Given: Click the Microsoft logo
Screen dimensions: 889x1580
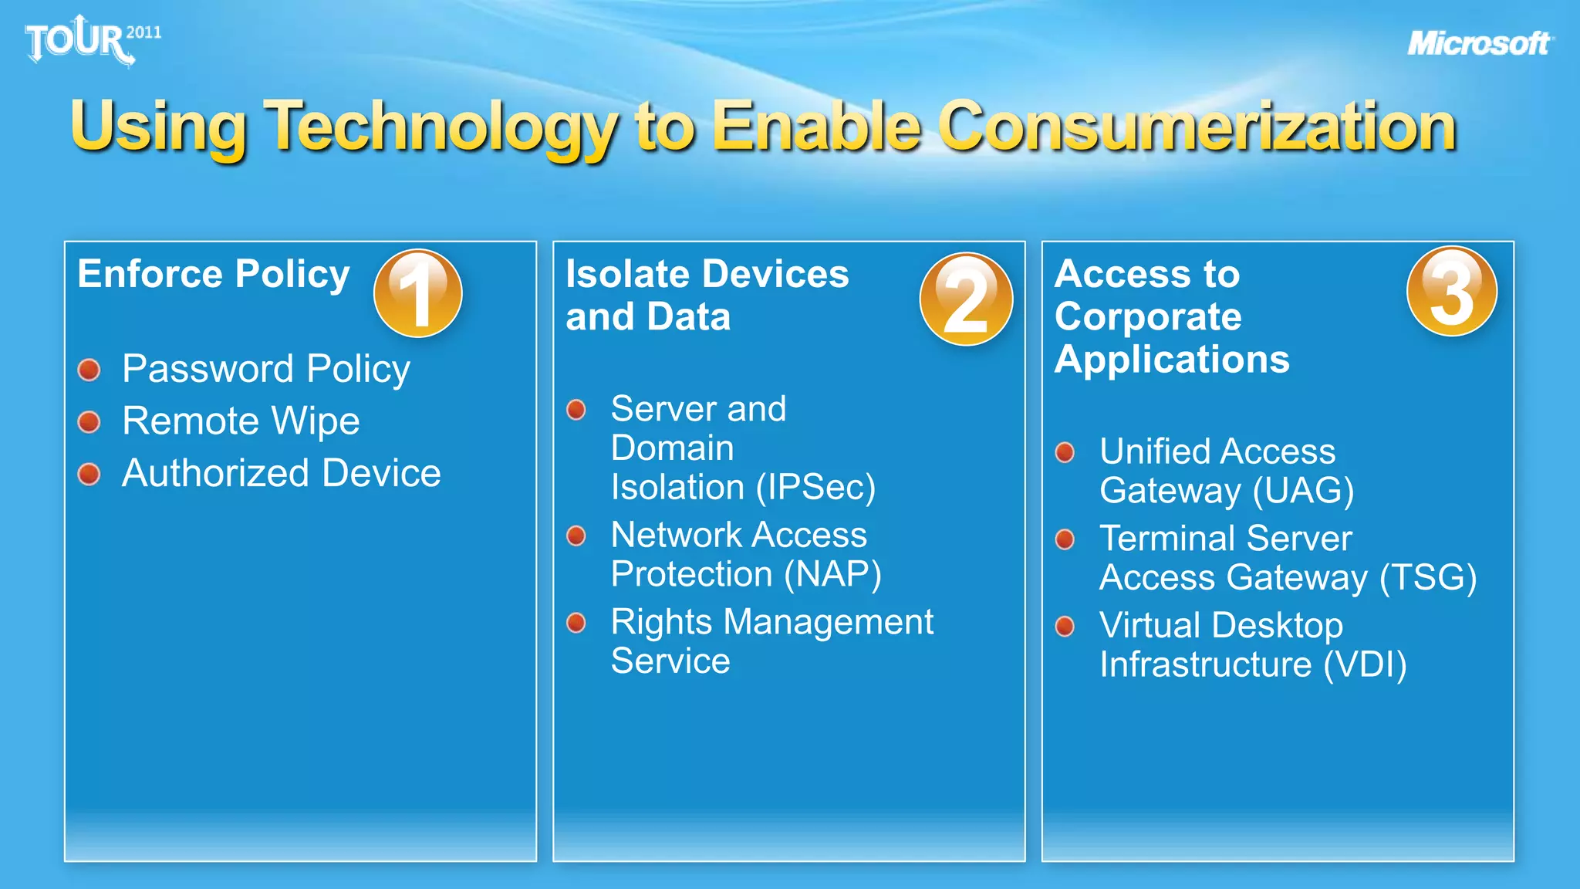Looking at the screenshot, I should (x=1479, y=43).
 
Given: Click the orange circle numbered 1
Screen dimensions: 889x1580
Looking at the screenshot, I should (x=417, y=293).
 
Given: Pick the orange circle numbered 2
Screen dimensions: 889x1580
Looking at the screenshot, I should (x=965, y=299).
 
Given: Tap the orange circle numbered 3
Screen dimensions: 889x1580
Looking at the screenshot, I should (x=1451, y=292).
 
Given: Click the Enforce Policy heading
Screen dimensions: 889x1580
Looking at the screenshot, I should (x=214, y=274).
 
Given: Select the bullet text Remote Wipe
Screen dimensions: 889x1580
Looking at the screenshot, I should (x=241, y=421).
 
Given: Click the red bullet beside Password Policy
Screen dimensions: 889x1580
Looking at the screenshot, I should (x=89, y=370).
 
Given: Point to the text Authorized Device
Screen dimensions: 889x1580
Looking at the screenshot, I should (x=282, y=473).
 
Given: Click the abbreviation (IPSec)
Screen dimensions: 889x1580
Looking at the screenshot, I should (x=815, y=488).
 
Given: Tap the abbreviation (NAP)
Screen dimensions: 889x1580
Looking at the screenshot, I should (x=832, y=575).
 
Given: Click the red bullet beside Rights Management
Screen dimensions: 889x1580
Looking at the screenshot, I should (x=576, y=623).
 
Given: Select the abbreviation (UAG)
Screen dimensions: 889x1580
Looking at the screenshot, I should (x=1303, y=492).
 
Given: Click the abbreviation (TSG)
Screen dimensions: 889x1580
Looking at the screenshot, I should (x=1427, y=578).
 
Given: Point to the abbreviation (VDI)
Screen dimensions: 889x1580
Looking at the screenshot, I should (x=1365, y=665).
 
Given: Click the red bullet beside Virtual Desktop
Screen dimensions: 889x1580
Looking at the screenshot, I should (x=1065, y=626).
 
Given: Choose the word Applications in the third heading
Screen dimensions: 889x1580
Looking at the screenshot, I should (x=1171, y=360).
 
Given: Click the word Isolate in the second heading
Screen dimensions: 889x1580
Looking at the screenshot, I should (x=627, y=274).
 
